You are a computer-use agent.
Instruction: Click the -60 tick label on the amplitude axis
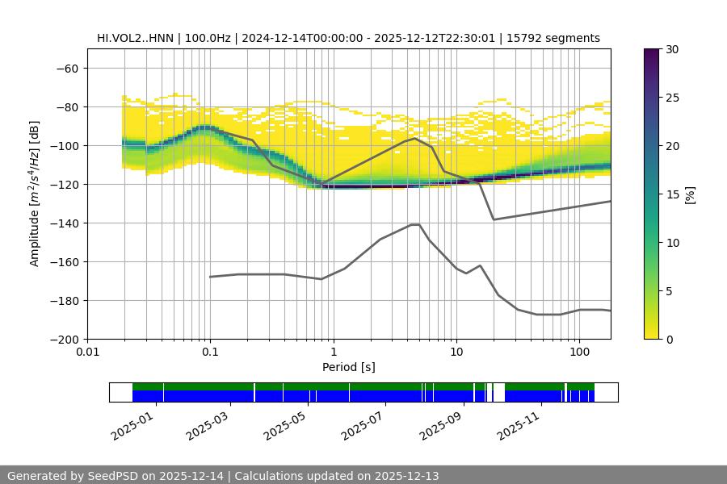68,68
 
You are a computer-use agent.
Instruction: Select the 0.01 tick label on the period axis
87,353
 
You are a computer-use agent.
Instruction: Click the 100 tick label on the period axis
578,353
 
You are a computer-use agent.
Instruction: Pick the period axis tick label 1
333,353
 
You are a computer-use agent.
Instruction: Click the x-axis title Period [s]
348,367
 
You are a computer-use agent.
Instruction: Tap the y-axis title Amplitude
35,194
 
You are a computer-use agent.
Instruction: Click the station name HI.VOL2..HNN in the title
135,38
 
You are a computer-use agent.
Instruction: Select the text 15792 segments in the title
558,38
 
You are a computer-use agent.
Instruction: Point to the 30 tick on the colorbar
672,49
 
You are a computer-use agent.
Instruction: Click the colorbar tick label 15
672,194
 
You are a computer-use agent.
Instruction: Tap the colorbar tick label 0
669,339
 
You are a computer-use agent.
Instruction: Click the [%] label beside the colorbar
691,194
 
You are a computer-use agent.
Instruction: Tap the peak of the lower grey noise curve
415,224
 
